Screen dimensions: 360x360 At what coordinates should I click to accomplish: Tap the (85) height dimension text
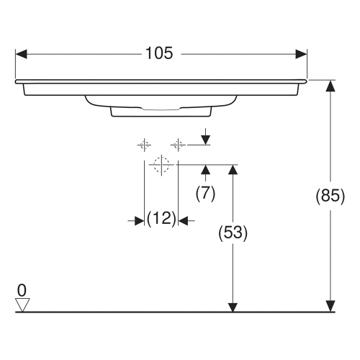[x=330, y=196]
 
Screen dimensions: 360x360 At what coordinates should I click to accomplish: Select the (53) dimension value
[x=232, y=233]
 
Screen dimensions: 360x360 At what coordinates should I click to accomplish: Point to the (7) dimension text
[x=206, y=193]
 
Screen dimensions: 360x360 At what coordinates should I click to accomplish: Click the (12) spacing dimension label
[x=161, y=220]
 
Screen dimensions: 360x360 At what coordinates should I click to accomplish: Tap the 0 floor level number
[x=22, y=290]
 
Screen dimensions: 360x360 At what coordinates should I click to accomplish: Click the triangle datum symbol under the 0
[x=22, y=305]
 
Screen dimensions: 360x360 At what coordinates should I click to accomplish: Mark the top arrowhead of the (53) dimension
[x=232, y=170]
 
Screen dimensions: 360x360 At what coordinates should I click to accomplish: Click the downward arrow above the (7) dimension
[x=206, y=139]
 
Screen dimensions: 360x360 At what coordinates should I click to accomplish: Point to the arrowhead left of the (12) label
[x=139, y=220]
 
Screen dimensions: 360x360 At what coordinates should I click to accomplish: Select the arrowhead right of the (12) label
[x=184, y=220]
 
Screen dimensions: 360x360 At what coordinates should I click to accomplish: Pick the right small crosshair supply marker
[x=178, y=144]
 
